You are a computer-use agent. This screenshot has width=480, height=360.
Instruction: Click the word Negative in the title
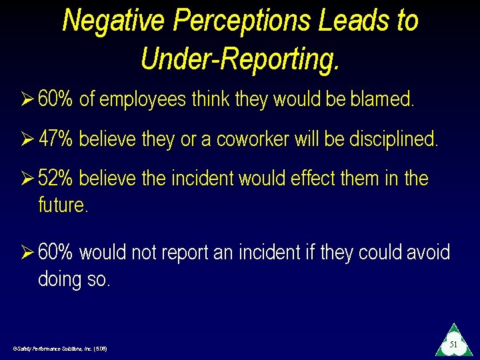coord(113,21)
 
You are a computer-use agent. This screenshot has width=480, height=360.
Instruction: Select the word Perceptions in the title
coord(241,21)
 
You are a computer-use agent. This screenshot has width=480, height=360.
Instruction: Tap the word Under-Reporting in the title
coord(240,59)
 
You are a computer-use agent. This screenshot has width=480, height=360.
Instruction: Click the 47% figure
coord(55,139)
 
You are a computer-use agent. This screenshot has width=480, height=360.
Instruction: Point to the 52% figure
coord(55,179)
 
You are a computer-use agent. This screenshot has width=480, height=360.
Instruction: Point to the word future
coord(63,204)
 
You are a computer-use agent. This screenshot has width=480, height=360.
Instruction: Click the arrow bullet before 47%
coord(27,139)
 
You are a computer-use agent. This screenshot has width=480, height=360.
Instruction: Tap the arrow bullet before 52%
coord(27,179)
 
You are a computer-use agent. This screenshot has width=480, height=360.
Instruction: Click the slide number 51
coord(453,344)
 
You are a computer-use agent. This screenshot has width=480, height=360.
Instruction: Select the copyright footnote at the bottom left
coord(59,349)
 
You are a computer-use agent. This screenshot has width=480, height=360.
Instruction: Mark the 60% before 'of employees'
coord(55,99)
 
